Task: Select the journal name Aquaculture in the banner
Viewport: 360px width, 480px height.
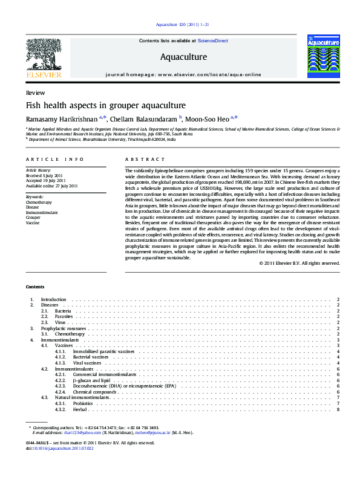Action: click(183, 57)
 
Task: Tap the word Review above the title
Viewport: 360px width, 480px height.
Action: click(35, 94)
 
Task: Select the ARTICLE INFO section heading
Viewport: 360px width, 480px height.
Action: click(54, 159)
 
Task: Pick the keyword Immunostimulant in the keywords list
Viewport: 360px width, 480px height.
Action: click(42, 213)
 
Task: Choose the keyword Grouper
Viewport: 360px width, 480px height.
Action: click(33, 218)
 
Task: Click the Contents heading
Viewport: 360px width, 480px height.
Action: click(34, 287)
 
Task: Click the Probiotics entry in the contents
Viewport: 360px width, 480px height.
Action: click(83, 403)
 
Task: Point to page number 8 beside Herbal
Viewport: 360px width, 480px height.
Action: click(338, 410)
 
